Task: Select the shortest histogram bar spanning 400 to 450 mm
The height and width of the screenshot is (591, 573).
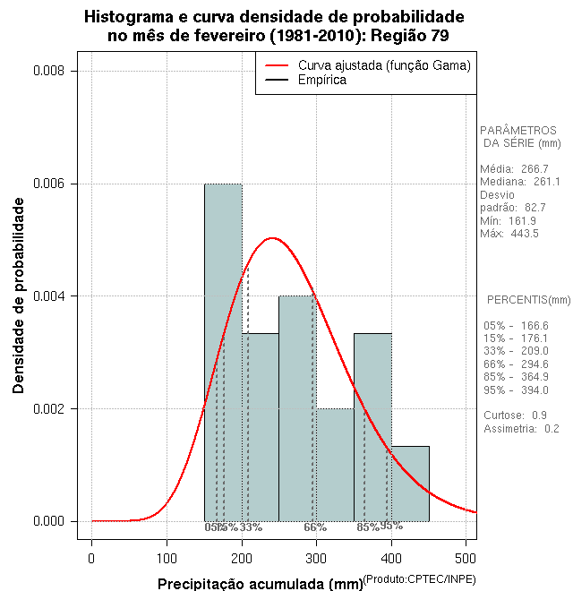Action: (x=410, y=484)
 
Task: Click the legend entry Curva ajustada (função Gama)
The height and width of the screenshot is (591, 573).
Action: (x=384, y=65)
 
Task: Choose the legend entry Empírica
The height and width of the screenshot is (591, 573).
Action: (x=321, y=81)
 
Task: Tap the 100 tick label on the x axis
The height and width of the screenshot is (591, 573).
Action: (x=167, y=559)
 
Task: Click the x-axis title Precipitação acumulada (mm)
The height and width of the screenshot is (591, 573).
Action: (x=260, y=585)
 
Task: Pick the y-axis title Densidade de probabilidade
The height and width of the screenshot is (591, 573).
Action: (x=19, y=295)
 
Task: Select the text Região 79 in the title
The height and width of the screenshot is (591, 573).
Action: (x=407, y=36)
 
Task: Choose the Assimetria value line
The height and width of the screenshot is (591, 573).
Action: (x=521, y=429)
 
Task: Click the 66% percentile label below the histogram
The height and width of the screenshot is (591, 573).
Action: (x=315, y=527)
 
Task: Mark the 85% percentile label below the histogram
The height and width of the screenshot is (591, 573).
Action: (x=368, y=527)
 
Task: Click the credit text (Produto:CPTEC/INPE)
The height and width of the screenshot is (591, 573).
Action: (x=420, y=580)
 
